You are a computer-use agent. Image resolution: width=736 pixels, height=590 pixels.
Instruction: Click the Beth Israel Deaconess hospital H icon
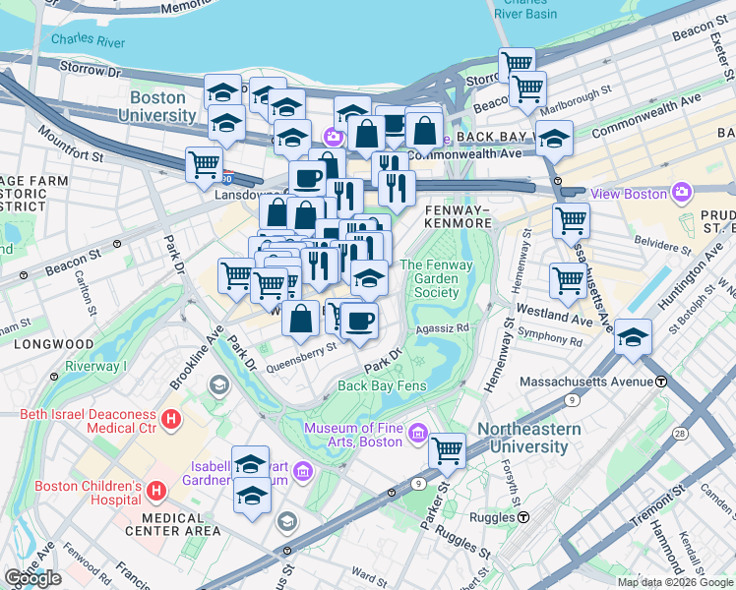click(172, 420)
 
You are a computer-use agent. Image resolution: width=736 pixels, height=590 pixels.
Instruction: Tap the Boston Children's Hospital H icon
click(155, 490)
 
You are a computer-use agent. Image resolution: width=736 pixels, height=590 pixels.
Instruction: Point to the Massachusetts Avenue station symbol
click(662, 381)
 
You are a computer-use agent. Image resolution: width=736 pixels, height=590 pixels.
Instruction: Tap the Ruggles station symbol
click(524, 517)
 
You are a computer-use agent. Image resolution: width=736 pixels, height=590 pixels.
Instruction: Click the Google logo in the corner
click(33, 578)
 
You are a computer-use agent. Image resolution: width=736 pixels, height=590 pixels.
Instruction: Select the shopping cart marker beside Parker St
click(447, 450)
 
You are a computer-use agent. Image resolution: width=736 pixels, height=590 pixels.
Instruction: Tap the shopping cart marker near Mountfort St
click(204, 163)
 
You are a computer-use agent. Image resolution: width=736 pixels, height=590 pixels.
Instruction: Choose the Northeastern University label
click(522, 439)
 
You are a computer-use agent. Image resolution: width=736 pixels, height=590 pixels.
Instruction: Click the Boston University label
click(162, 106)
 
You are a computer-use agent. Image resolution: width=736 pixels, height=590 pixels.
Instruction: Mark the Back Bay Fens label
click(382, 385)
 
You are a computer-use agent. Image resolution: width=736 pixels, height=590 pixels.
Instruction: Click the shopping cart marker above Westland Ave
click(569, 281)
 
